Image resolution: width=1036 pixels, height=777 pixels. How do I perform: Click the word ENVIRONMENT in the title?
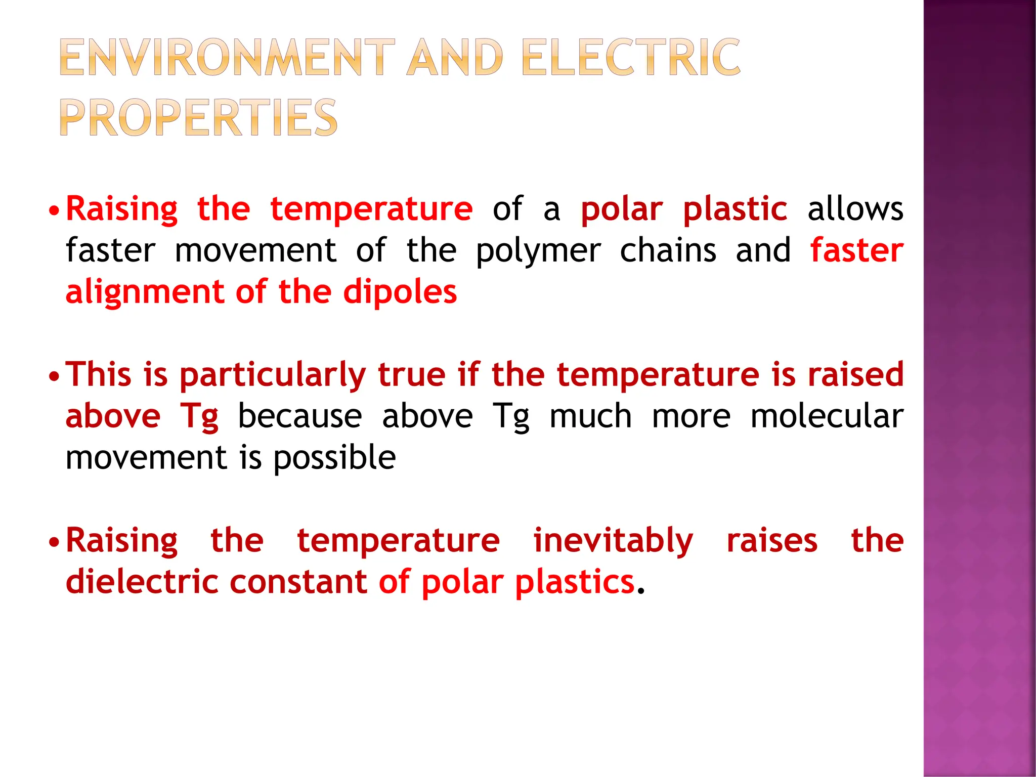227,58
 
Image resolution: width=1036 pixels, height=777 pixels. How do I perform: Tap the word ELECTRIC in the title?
630,58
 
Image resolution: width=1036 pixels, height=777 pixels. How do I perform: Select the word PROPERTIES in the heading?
199,118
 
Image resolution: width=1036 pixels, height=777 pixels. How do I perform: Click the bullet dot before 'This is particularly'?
54,376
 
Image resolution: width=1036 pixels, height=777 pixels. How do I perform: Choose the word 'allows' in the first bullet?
855,209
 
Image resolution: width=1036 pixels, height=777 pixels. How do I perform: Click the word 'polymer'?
538,251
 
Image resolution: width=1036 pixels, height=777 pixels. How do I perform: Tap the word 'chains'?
668,250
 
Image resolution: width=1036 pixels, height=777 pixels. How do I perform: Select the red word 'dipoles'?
400,293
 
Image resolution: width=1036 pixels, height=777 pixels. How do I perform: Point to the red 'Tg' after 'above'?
199,417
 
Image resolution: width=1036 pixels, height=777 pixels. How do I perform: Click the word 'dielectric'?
142,582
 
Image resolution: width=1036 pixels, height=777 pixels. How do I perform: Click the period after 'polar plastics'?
640,591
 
